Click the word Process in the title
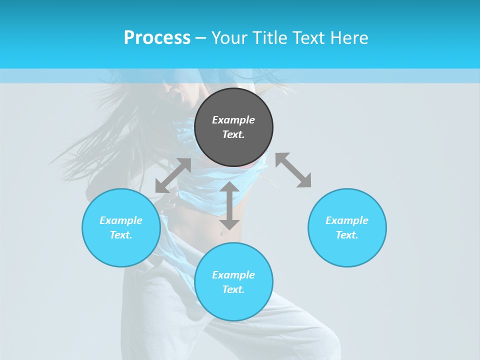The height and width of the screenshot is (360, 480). click(x=157, y=38)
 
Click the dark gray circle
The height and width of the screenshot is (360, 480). click(x=233, y=102)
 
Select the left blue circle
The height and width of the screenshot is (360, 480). click(x=121, y=250)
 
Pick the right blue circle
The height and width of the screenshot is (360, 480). click(x=347, y=250)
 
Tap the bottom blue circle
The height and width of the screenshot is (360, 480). click(x=233, y=305)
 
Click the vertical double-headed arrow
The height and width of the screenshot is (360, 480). click(x=229, y=205)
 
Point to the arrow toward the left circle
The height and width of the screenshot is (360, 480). click(x=173, y=175)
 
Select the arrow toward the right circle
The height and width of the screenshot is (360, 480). click(x=293, y=170)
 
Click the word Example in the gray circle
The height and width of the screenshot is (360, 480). click(x=233, y=120)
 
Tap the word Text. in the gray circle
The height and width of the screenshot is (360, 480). click(x=233, y=134)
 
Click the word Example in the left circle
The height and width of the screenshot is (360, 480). click(x=121, y=220)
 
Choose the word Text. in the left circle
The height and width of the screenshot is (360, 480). click(x=121, y=235)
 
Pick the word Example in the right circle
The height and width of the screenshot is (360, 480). click(x=347, y=220)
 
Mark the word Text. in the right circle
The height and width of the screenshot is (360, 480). click(x=347, y=235)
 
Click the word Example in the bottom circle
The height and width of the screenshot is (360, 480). click(x=233, y=275)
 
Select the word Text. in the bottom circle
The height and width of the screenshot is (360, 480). click(x=233, y=289)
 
